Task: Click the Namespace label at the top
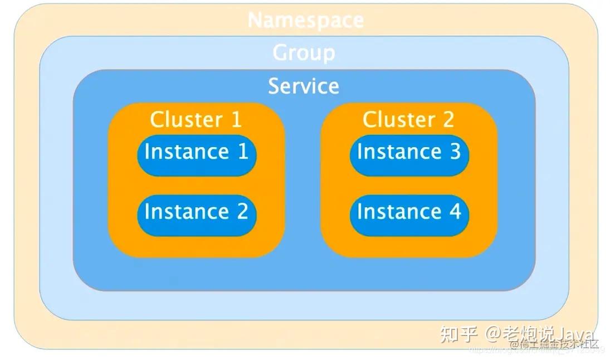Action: click(305, 20)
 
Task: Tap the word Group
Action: click(304, 53)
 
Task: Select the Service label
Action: click(304, 86)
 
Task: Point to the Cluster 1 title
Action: click(196, 119)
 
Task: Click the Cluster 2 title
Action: click(408, 119)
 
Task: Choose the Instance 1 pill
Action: click(197, 152)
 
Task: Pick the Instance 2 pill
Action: click(197, 212)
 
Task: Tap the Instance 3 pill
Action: click(409, 152)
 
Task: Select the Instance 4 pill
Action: click(409, 212)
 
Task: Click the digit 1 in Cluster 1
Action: click(236, 119)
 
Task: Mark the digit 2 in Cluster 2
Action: click(448, 119)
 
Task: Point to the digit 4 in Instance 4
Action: click(455, 212)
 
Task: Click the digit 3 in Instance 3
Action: click(455, 152)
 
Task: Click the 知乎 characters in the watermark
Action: click(458, 334)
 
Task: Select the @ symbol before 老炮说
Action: click(494, 334)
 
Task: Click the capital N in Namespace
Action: click(255, 20)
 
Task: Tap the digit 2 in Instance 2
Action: click(242, 212)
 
